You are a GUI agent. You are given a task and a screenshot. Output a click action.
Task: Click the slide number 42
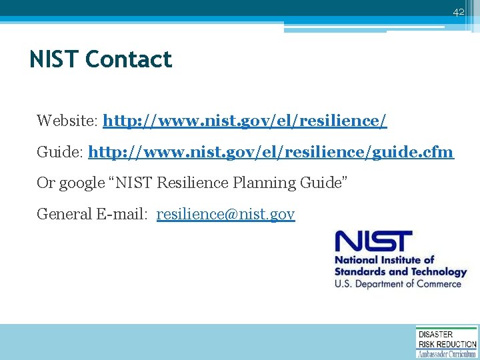click(458, 12)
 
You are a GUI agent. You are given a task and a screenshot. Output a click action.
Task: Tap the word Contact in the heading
click(129, 60)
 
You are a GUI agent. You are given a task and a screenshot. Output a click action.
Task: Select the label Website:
click(67, 121)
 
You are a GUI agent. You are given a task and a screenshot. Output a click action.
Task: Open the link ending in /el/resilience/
click(245, 121)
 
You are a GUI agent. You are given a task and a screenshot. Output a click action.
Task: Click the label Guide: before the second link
click(60, 152)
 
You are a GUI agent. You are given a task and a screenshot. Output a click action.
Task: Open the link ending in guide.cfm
click(271, 152)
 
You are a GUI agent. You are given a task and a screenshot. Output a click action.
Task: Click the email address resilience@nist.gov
click(225, 214)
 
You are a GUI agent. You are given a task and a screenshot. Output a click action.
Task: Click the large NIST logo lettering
click(373, 241)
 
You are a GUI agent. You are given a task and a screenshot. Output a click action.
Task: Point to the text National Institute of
click(384, 260)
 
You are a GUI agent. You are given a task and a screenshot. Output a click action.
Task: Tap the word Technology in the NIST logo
click(434, 272)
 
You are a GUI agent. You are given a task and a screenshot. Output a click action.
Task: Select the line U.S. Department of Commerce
click(398, 284)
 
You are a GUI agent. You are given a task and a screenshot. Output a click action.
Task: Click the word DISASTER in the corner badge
click(435, 334)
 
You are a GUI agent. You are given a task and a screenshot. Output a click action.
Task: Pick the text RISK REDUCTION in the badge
click(447, 344)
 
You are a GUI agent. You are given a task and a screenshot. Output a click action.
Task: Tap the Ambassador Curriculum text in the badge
click(447, 354)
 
